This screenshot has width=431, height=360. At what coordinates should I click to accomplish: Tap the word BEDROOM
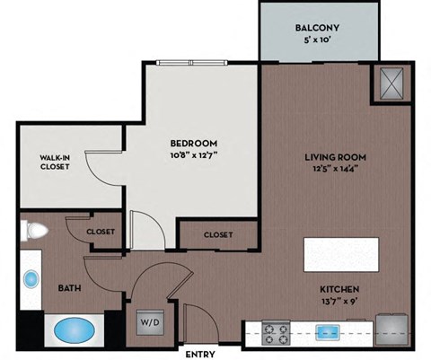pos(194,144)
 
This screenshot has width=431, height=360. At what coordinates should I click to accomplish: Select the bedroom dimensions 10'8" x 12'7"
pos(194,156)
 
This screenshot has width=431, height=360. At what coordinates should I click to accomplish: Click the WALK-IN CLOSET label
pos(55,162)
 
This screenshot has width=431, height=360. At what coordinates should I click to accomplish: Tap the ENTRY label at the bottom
pos(198,353)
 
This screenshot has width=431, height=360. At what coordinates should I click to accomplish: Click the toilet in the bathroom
pos(34,230)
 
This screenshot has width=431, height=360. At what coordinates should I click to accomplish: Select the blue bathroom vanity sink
pos(31,279)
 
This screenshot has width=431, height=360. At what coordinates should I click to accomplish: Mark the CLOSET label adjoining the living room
pos(218,234)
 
